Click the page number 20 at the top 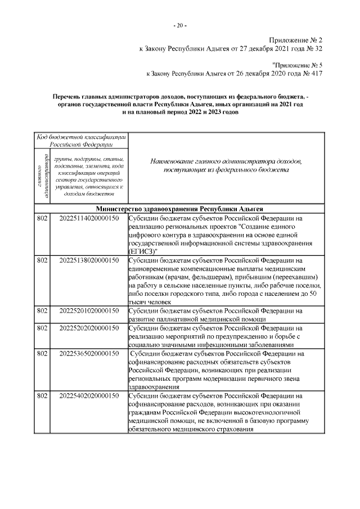[180, 26]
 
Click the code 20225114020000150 [88, 218]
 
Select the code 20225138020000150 [88, 261]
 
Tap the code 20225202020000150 [88, 327]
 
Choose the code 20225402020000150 [88, 397]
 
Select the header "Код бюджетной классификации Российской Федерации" [82, 140]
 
